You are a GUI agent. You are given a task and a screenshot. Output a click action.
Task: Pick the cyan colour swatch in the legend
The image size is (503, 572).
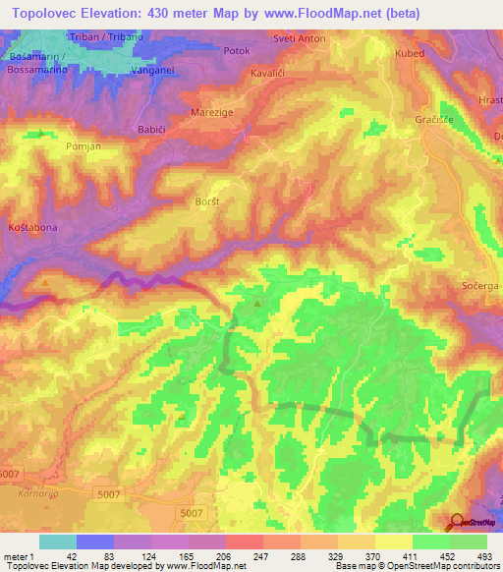pos(57,542)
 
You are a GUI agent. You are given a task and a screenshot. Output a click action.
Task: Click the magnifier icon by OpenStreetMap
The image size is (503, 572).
pos(457,522)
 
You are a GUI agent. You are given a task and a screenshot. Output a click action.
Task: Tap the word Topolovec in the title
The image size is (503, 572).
pos(53,14)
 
